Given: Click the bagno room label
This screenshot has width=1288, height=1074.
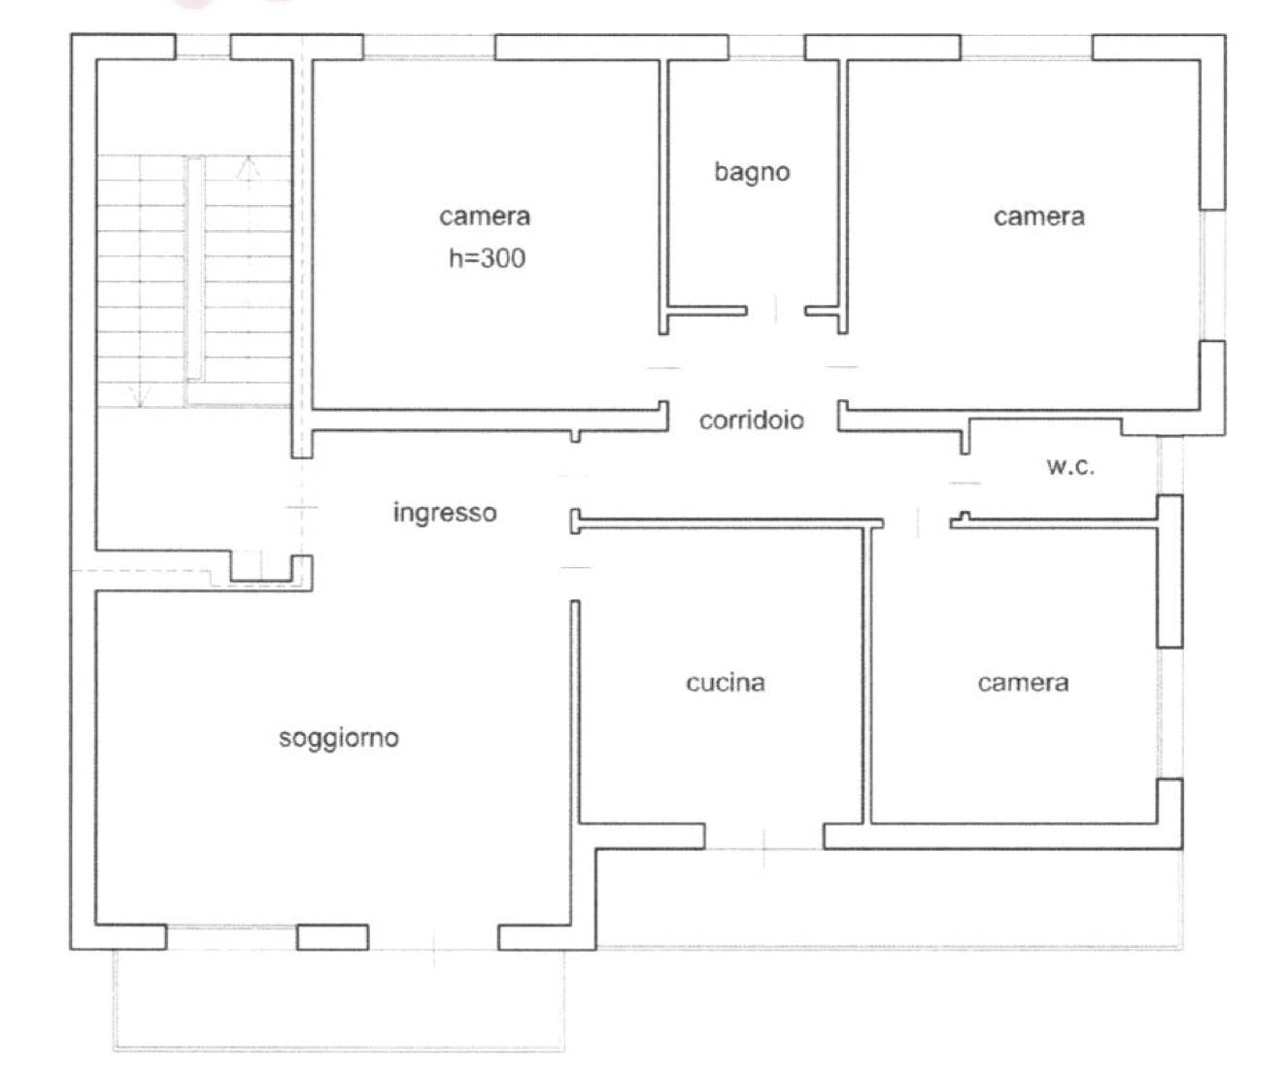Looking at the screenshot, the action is (x=752, y=172).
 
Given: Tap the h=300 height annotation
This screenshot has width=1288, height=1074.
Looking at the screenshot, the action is (x=487, y=258).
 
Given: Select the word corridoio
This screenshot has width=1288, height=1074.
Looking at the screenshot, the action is (x=752, y=420).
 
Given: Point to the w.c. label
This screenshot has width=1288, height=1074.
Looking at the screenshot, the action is (x=1070, y=466).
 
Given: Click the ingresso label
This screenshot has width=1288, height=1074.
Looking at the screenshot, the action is (x=445, y=513).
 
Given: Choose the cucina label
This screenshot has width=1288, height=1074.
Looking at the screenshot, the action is (x=726, y=683).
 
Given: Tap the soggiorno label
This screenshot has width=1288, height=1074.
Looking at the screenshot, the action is (x=339, y=738).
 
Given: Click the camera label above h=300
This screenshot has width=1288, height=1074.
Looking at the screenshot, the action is (x=485, y=217).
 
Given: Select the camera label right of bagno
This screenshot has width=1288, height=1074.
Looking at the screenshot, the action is (x=1038, y=217).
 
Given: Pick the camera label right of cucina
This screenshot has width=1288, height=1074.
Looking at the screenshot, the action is (x=1023, y=683).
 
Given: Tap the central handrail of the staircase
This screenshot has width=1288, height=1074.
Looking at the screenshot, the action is (x=195, y=268).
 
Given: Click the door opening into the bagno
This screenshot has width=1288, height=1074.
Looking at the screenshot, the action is (x=776, y=311).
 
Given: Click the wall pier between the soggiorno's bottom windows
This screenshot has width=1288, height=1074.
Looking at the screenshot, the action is (x=332, y=937).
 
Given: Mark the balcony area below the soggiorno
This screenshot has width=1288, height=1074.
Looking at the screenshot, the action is (x=338, y=999).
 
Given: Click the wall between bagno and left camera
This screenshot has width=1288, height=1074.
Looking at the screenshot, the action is (x=663, y=197).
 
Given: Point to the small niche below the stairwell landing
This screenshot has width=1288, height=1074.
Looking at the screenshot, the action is (x=261, y=567).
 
